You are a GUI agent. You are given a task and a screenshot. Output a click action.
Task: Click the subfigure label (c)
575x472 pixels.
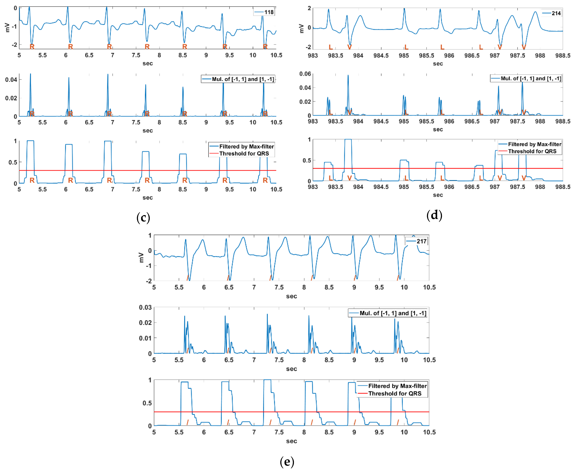(143, 218)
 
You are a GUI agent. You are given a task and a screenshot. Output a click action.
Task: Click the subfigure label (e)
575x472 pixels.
(287, 462)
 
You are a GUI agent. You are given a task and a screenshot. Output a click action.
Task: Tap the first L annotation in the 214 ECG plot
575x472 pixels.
(331, 47)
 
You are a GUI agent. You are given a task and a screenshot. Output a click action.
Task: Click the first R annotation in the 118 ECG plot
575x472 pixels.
(32, 46)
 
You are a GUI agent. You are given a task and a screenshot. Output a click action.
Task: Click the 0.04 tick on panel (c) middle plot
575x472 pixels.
(11, 80)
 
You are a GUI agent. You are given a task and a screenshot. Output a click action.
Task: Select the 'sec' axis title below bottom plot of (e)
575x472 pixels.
(291, 441)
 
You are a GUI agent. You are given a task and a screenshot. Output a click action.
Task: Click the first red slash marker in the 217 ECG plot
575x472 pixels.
(188, 278)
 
